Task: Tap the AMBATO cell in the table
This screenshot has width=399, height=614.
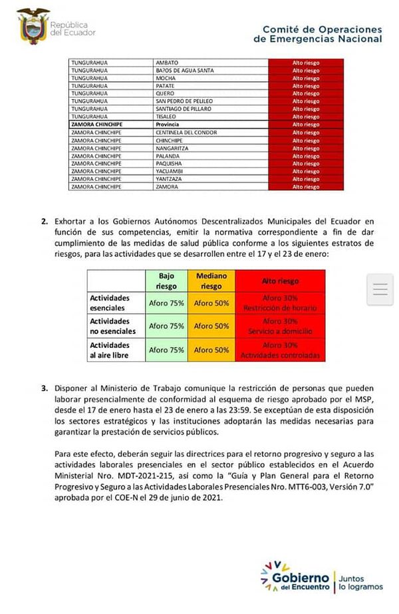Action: [166, 63]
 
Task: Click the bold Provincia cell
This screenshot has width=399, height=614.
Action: [169, 124]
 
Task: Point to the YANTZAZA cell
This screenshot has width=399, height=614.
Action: [170, 179]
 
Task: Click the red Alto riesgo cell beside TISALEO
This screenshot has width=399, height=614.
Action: [306, 116]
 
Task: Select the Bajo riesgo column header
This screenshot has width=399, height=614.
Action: [167, 281]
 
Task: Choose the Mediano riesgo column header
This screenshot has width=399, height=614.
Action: [211, 281]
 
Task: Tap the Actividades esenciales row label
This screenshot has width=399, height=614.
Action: [110, 303]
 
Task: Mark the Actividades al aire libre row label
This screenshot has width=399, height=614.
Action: [110, 350]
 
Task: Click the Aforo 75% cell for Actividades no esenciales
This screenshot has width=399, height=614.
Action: [167, 326]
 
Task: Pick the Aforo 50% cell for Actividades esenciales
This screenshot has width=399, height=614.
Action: [211, 303]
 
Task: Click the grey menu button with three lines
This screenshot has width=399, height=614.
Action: [380, 289]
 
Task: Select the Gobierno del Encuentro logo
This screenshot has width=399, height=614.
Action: [322, 576]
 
